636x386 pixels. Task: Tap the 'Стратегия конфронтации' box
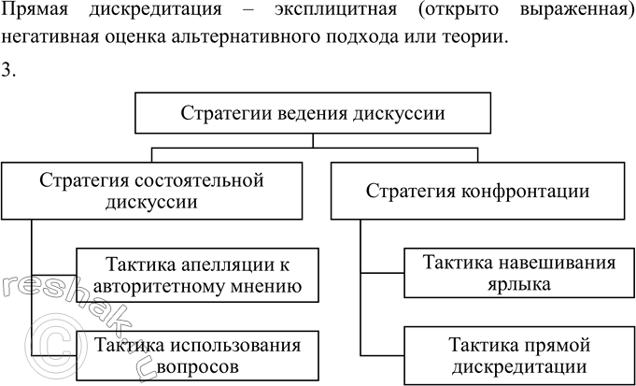coord(477,191)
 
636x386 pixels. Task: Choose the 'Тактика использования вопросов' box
coord(197,356)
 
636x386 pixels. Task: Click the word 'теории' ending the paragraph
coord(483,41)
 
